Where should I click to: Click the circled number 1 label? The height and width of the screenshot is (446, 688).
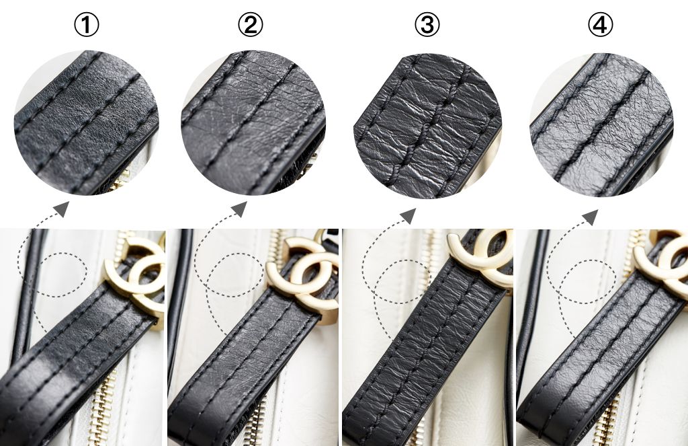87,25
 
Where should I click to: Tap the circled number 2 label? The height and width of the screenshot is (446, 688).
251,25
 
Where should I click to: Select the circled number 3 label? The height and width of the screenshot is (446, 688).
427,25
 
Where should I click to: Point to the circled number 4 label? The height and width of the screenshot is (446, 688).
600,25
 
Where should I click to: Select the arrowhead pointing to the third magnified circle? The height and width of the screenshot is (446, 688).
408,215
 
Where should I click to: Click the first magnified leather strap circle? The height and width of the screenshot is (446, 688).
87,122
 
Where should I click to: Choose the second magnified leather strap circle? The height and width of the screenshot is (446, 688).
253,123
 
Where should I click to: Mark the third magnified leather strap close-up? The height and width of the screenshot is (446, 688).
427,126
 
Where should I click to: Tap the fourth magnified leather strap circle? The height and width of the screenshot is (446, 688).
601,124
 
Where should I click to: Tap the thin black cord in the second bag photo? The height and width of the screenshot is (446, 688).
180,307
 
